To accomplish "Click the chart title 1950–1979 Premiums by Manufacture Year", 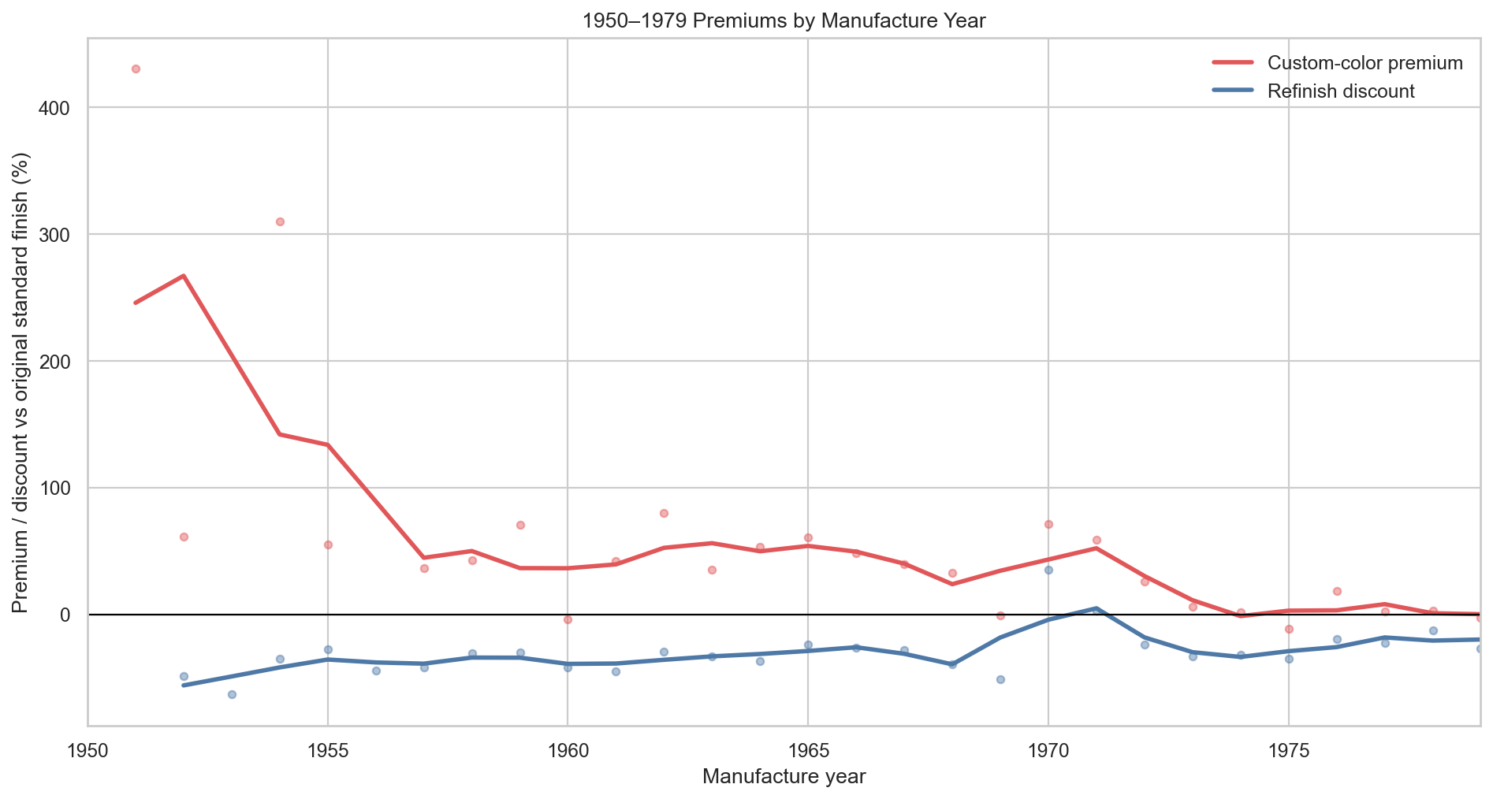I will [784, 21].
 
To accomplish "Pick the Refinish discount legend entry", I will [1340, 91].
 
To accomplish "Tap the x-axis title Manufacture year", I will [784, 777].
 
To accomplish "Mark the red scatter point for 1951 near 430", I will [136, 69].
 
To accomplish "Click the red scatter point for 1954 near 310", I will [280, 221].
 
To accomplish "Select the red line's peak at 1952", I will [184, 276].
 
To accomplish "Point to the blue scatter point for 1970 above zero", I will [1048, 570].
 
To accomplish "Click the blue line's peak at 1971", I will [1096, 608].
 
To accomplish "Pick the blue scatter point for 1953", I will [232, 694].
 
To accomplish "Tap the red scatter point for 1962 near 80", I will [664, 513].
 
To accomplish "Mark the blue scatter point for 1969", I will [1000, 679].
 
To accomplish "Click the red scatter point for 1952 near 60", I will [184, 537].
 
